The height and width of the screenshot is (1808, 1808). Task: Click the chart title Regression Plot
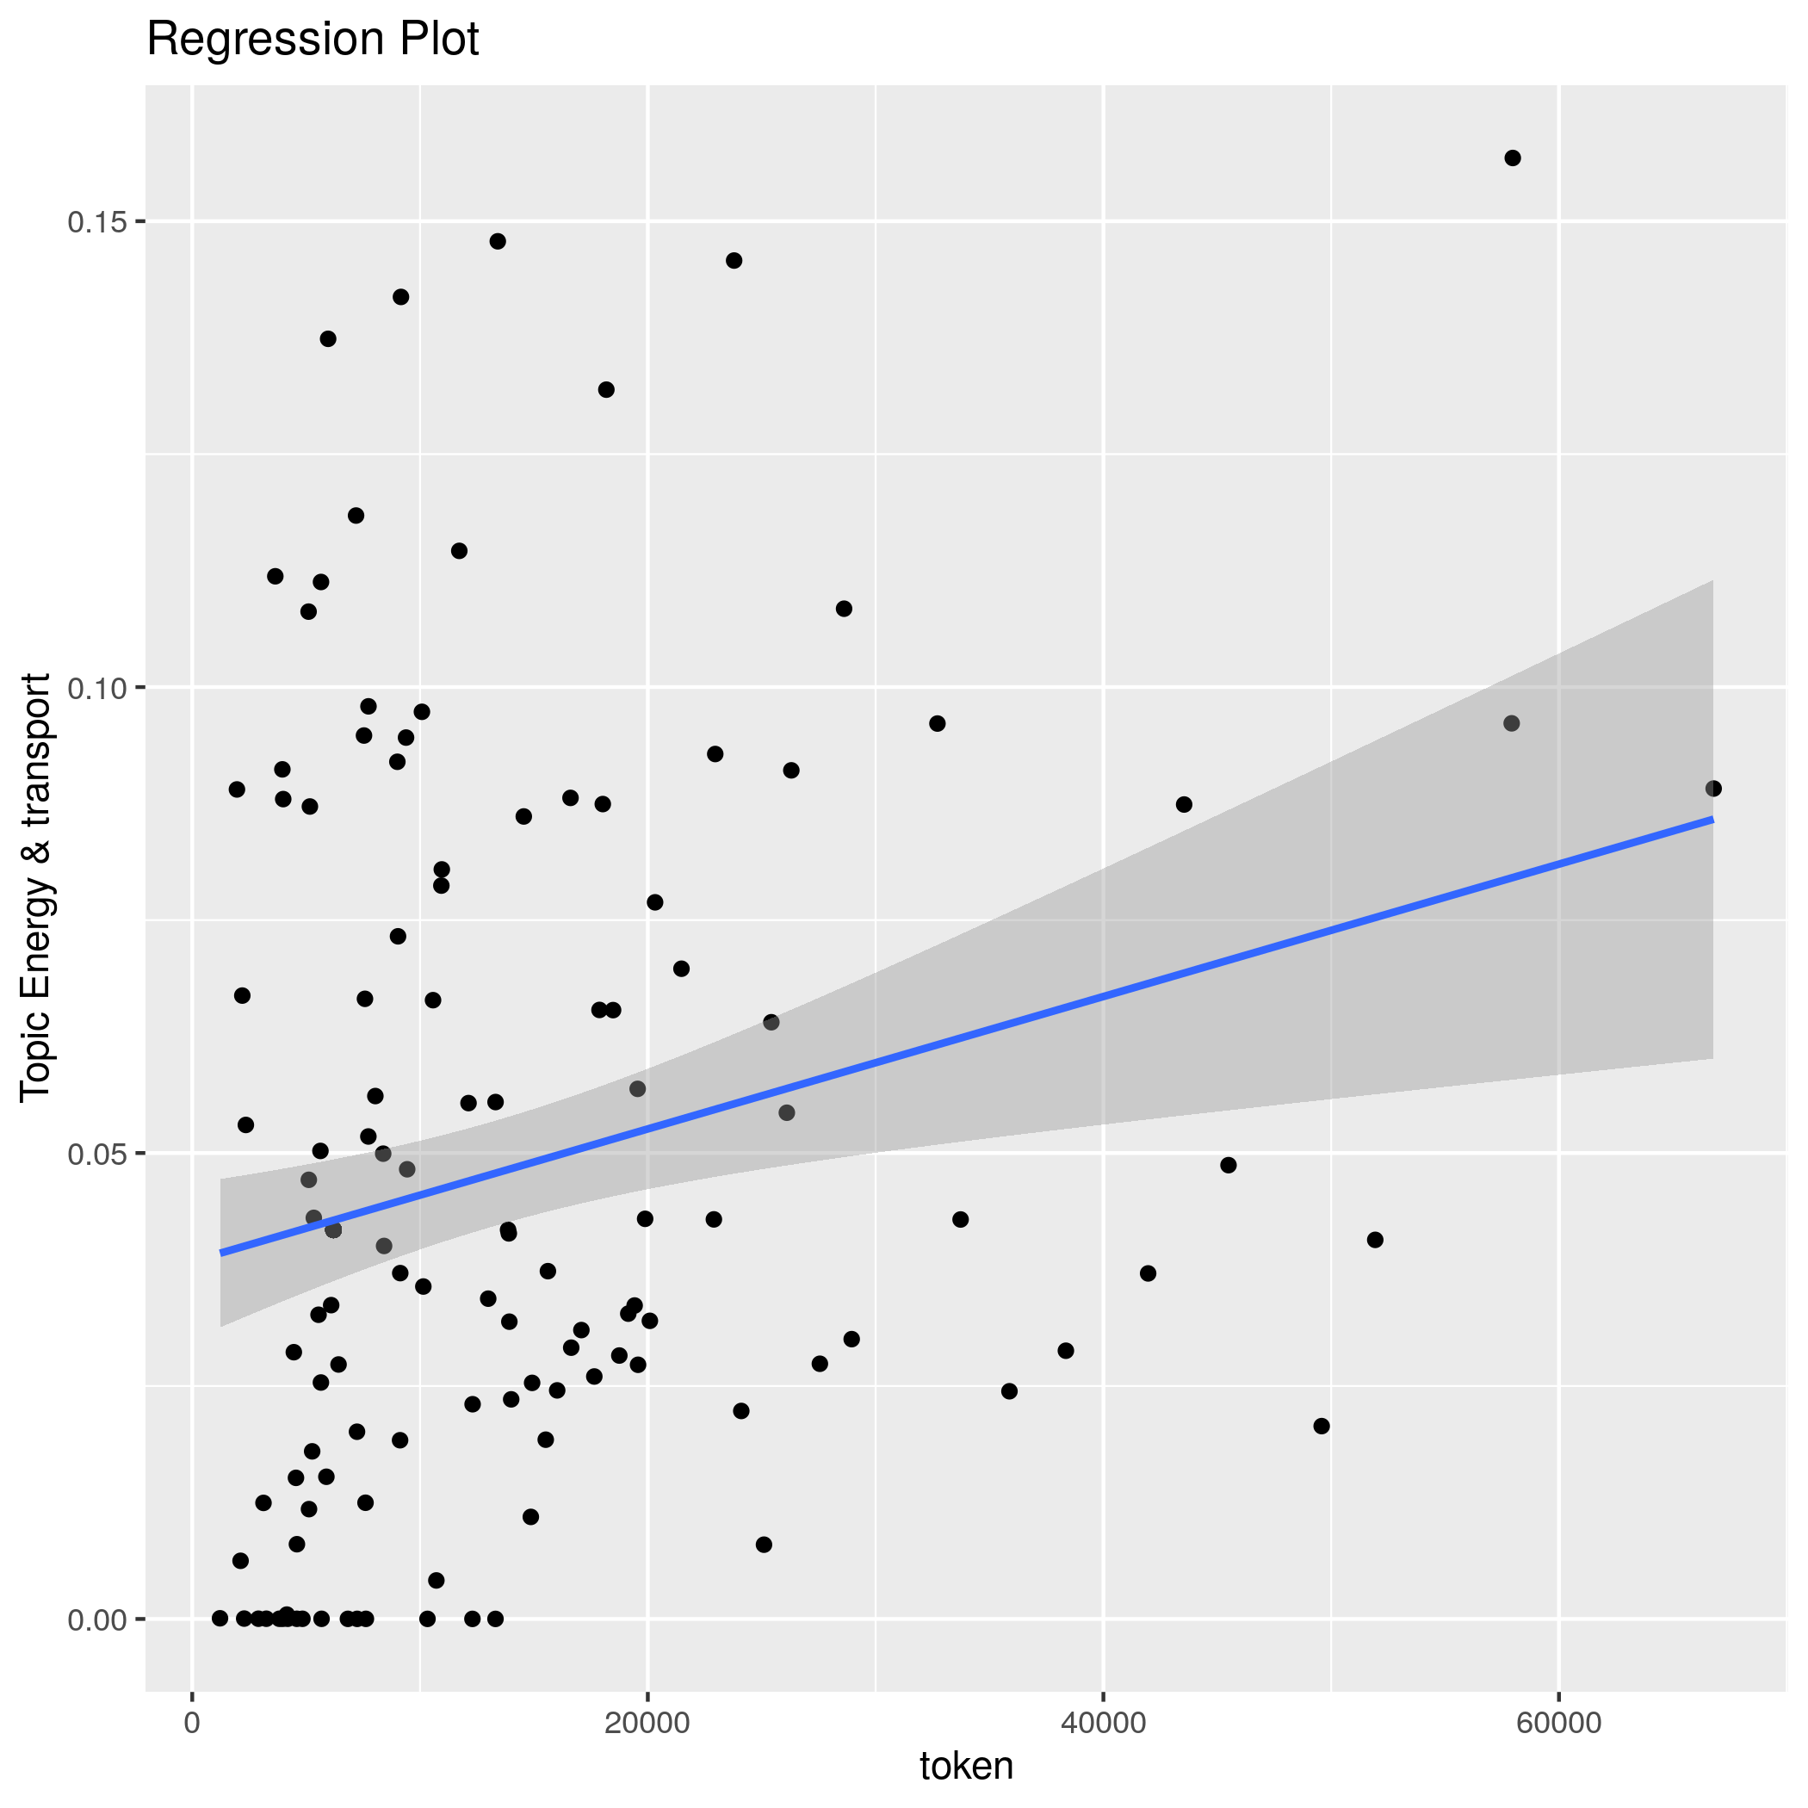(x=313, y=40)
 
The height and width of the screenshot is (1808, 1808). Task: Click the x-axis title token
(x=967, y=1766)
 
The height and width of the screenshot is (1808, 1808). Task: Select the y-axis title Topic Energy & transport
(x=36, y=886)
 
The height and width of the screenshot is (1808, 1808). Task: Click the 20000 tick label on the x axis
(x=647, y=1724)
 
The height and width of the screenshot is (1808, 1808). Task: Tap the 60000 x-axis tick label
(x=1558, y=1724)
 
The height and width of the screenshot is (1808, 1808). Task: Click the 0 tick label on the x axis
(x=193, y=1724)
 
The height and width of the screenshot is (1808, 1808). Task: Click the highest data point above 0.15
(x=1513, y=158)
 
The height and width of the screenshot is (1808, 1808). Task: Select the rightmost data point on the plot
(x=1713, y=789)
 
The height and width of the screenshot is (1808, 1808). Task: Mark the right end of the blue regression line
(x=1712, y=819)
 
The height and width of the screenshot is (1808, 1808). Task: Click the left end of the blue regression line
(x=221, y=1252)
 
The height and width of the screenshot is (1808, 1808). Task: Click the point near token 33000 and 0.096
(x=937, y=723)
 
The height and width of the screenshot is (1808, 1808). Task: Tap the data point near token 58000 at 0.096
(x=1511, y=723)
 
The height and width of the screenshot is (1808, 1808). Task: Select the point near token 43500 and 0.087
(x=1184, y=805)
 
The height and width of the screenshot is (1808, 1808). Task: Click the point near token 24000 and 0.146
(x=734, y=260)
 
